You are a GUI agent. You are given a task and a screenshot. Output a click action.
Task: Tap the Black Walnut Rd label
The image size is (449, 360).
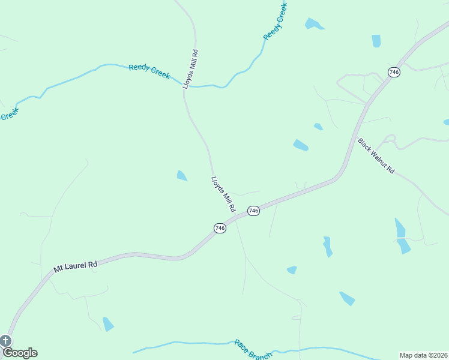click(x=376, y=157)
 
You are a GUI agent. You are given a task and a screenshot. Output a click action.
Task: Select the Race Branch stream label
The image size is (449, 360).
click(x=253, y=350)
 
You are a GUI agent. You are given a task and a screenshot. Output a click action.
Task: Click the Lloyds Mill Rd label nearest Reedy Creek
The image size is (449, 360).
click(x=190, y=70)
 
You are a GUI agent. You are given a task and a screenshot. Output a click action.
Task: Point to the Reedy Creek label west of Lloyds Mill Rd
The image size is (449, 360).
click(x=149, y=71)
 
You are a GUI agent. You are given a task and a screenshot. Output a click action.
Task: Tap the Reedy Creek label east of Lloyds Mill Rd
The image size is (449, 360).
click(x=276, y=22)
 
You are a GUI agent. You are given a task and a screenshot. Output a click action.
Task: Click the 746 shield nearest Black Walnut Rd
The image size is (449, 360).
click(x=394, y=72)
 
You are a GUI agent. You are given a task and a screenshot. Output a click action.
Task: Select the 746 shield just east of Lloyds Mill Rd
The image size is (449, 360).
click(x=253, y=211)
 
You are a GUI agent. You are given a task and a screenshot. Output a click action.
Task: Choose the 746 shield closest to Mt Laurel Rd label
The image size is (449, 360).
click(x=220, y=228)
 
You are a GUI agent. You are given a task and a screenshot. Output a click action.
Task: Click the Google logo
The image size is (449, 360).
click(x=20, y=353)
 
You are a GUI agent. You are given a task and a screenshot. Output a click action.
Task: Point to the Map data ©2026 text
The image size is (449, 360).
click(x=423, y=355)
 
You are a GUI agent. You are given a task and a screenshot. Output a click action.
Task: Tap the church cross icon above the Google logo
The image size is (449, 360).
click(x=5, y=341)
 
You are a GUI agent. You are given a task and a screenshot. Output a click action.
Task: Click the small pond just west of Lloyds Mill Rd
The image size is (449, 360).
click(x=181, y=176)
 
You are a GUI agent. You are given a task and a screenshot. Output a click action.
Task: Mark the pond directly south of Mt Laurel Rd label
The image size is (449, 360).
click(x=108, y=324)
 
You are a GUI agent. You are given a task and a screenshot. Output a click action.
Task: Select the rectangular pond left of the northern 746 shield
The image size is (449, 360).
click(x=376, y=41)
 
